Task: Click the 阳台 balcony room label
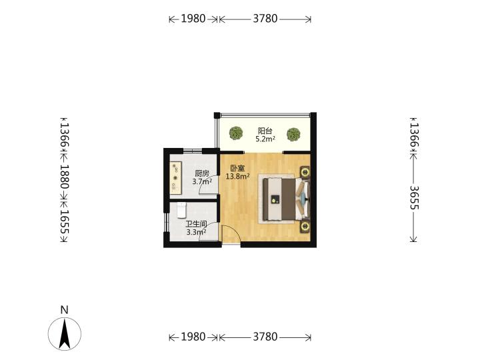(265, 131)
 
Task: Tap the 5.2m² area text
(265, 139)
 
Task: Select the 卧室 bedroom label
(237, 169)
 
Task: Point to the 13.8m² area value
(237, 176)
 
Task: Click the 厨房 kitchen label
(202, 173)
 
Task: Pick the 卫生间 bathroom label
(196, 224)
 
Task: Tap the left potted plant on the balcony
(236, 133)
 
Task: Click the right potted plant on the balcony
(293, 135)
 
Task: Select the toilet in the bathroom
(181, 210)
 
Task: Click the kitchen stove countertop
(176, 178)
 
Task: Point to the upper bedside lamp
(305, 173)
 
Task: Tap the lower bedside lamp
(305, 227)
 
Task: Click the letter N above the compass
(64, 310)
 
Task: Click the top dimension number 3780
(265, 19)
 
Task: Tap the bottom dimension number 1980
(193, 337)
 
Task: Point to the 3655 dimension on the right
(414, 198)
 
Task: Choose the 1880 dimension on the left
(65, 177)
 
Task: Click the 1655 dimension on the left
(65, 221)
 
